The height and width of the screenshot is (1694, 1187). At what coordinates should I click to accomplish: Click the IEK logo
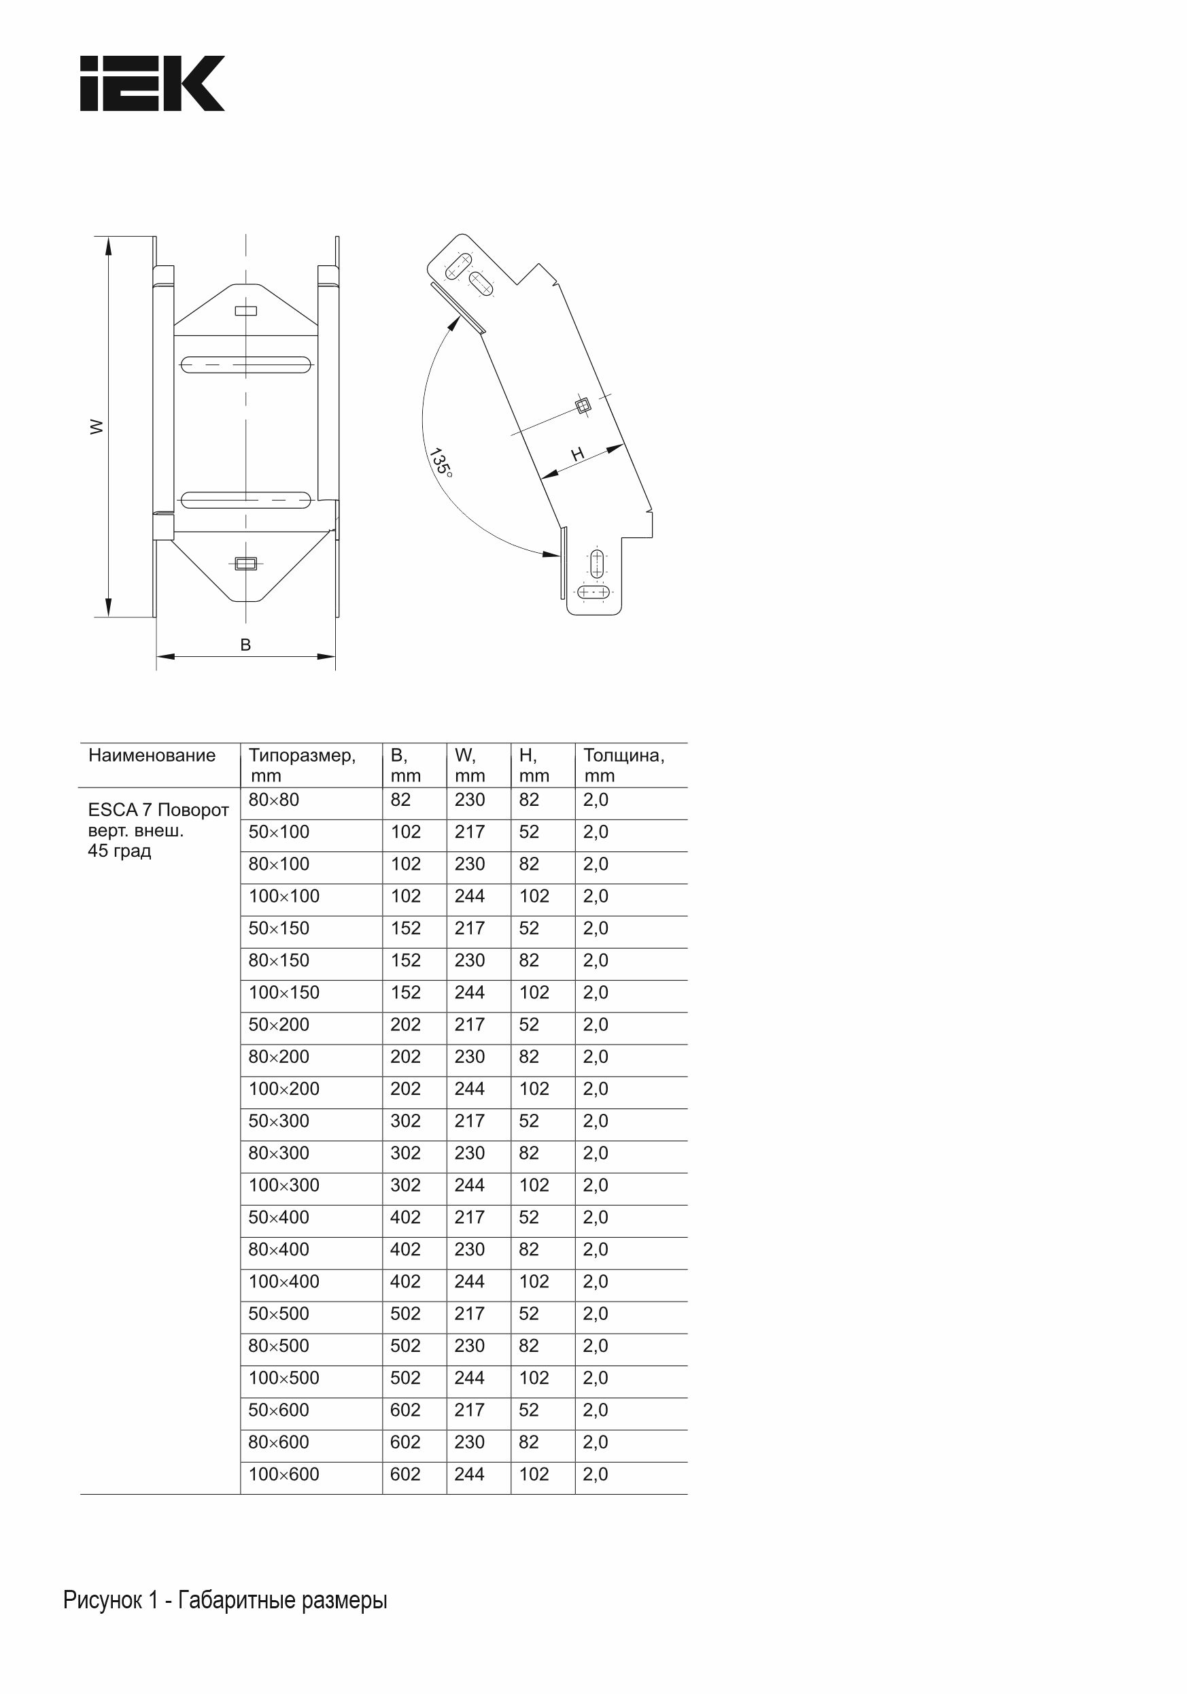152,84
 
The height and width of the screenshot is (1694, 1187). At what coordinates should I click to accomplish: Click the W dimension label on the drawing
97,426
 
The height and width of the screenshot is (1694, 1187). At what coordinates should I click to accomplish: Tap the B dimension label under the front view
245,645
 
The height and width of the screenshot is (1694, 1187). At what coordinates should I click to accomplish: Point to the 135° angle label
441,462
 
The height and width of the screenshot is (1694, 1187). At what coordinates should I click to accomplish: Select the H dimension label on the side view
578,454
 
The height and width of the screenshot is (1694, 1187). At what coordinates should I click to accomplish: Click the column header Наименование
152,756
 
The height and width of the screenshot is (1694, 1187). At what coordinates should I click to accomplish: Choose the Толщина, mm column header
623,765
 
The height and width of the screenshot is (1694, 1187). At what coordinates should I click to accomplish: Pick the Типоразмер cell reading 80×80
274,800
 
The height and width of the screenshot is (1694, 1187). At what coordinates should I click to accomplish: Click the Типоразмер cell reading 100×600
284,1474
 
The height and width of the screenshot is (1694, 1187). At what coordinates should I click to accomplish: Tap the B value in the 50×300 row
406,1121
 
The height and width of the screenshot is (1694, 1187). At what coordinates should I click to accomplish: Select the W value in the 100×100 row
469,896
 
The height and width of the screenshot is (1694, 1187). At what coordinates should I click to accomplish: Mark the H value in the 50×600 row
529,1410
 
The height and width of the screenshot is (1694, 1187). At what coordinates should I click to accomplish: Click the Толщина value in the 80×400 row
596,1249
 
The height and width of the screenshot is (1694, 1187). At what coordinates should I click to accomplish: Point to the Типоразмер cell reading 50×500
279,1313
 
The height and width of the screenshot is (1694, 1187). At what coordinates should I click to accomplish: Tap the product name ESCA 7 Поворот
158,810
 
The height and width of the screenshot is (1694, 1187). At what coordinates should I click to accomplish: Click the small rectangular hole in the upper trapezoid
245,311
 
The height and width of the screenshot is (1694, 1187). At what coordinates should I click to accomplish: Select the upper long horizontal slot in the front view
245,365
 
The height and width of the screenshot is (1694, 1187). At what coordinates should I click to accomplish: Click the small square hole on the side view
583,405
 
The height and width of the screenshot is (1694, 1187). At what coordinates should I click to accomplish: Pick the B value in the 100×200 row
406,1089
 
